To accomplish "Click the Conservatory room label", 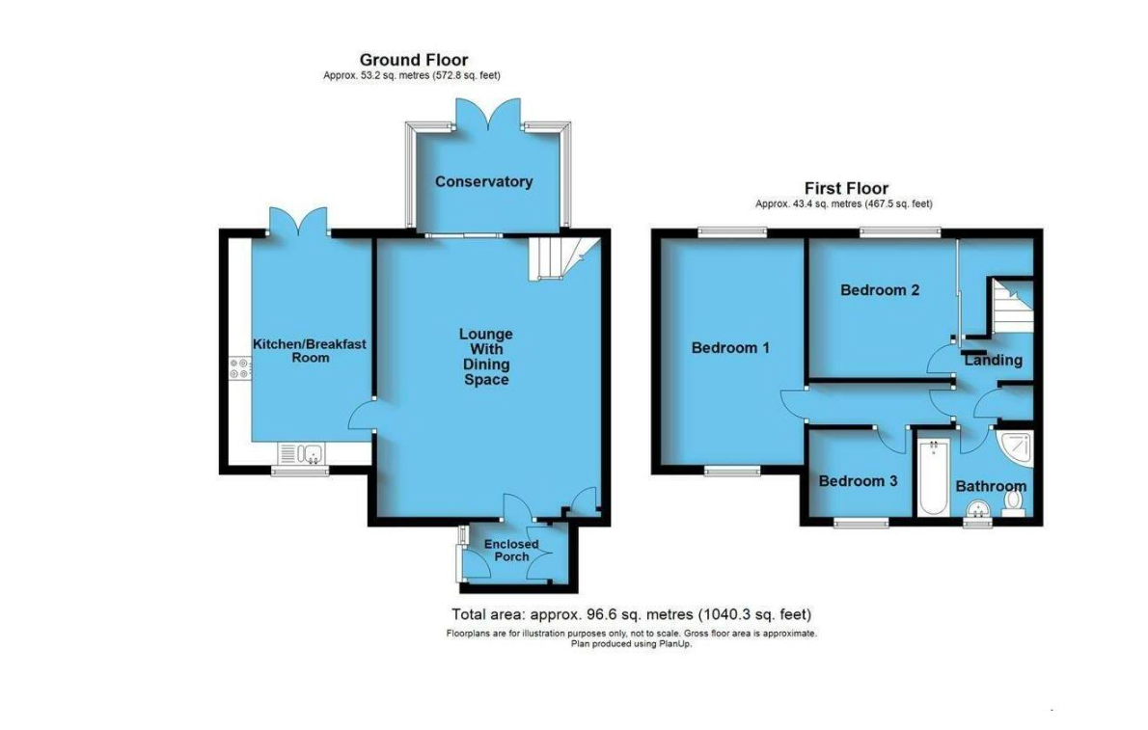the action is (484, 181).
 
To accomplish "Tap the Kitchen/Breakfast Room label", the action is (309, 351).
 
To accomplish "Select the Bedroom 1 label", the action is (730, 348).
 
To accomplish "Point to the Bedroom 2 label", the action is (879, 290).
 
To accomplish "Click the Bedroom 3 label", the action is (858, 481).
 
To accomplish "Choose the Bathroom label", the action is (991, 486).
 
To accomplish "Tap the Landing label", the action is (993, 361).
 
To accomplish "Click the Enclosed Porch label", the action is (511, 550).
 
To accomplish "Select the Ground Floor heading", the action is (414, 60).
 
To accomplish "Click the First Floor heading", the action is (846, 188).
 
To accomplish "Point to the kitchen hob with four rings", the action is (239, 368).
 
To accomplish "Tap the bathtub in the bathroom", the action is (934, 476).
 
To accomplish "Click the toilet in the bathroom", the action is (1013, 503).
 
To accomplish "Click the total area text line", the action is (631, 614).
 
